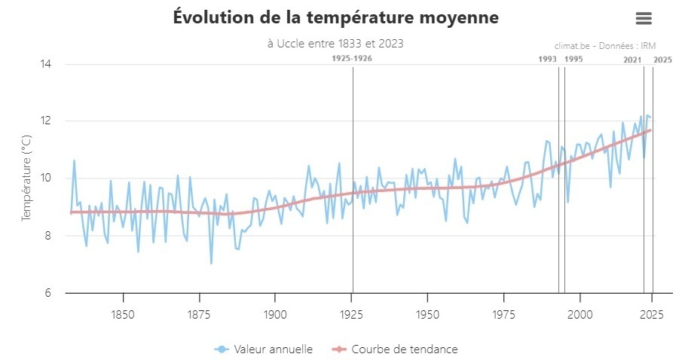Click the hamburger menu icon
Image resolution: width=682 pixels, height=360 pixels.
click(643, 18)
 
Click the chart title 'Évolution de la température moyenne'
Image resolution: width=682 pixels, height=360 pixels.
click(335, 17)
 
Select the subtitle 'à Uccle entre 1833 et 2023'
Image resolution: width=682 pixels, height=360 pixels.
click(335, 44)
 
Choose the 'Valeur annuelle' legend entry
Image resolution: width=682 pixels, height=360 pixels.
click(264, 349)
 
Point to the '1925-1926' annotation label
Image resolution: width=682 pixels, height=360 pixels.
click(352, 58)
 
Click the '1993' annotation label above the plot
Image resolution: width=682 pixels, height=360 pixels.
click(548, 59)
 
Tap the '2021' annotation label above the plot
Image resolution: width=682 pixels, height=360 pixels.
click(632, 59)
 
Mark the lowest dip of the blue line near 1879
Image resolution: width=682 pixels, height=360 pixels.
click(211, 263)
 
